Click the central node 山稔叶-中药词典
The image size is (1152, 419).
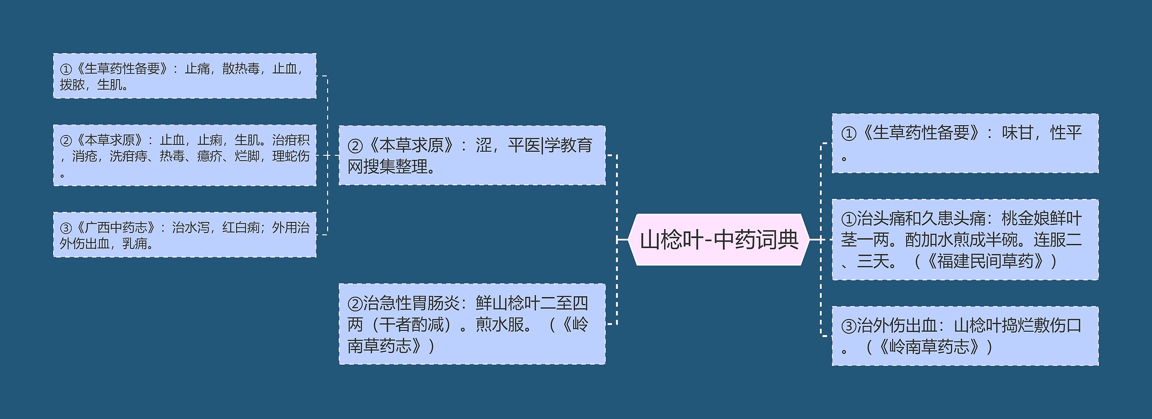point(719,240)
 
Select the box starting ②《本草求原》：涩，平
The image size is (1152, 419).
point(472,155)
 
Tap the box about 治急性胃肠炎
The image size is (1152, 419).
point(472,324)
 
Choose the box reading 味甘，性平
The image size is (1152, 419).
point(965,143)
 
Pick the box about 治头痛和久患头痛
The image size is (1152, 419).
point(965,239)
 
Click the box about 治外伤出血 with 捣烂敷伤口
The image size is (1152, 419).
point(965,336)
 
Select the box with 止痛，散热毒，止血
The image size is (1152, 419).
point(184,76)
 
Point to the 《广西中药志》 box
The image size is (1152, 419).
point(184,234)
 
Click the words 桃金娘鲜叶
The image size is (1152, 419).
point(1041,219)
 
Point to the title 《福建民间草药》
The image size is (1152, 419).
point(985,261)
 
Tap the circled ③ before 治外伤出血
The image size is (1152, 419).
point(848,326)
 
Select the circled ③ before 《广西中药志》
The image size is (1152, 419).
point(66,228)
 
